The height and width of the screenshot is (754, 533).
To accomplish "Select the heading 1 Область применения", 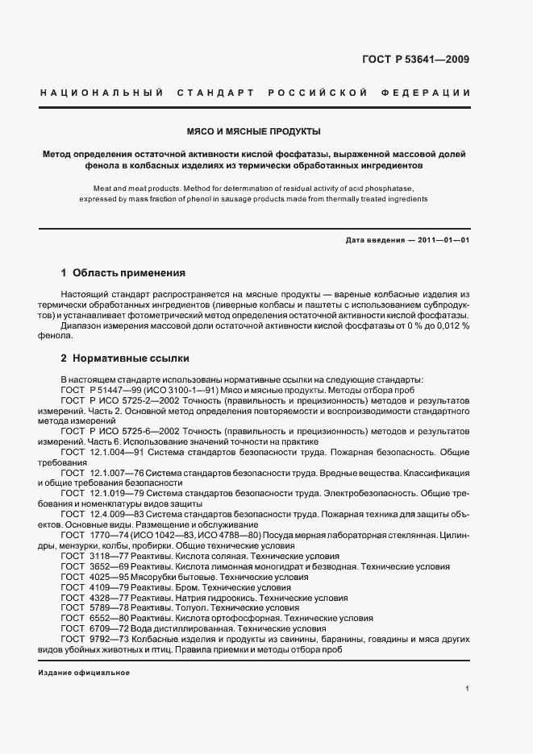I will click(123, 273).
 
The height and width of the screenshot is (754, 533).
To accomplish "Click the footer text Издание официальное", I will click(84, 673).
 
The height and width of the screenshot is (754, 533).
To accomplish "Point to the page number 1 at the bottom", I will click(468, 689).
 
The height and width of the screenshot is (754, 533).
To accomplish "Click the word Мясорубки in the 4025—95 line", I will click(162, 577).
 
